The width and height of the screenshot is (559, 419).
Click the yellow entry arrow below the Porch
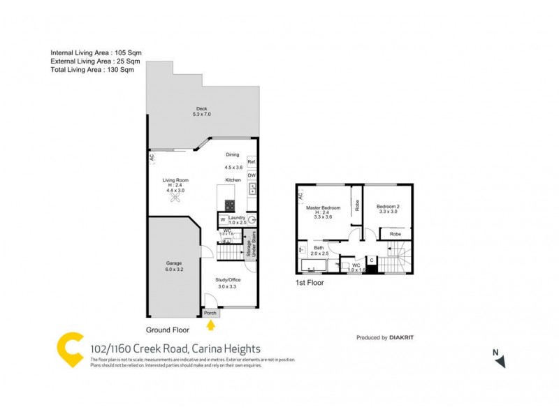coord(211,323)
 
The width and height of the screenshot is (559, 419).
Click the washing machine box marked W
coord(222,221)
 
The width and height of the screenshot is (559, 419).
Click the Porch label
coord(210,313)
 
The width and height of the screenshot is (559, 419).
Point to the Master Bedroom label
coord(322,209)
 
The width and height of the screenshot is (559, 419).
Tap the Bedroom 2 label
coord(388,207)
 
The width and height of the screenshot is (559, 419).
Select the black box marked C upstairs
coord(372,261)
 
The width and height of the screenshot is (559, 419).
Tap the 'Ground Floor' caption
coord(168,330)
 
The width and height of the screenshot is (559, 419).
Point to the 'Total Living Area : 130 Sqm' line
coord(92,71)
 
